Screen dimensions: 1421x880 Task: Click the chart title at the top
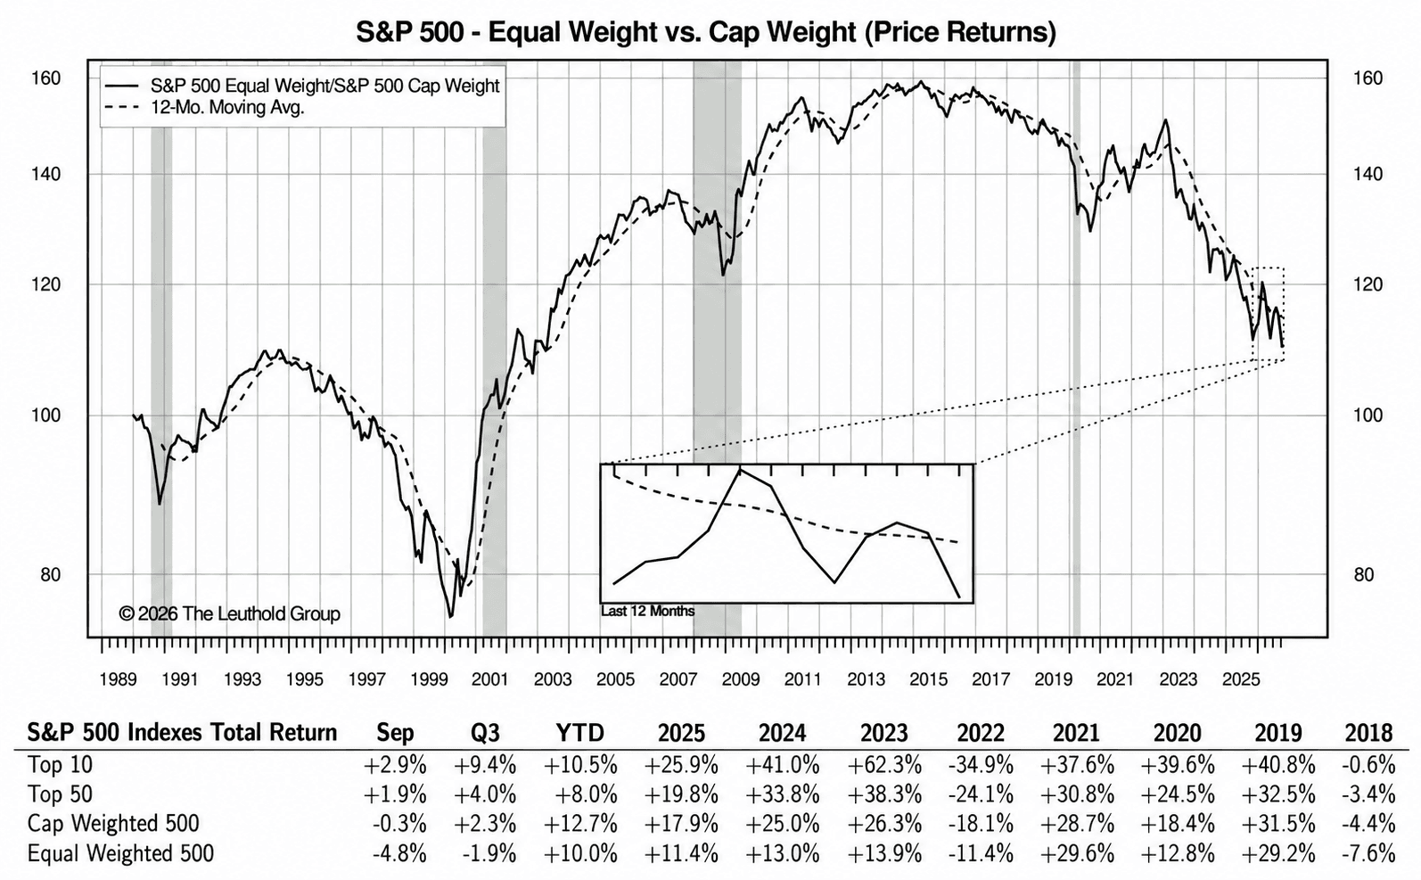[x=706, y=32]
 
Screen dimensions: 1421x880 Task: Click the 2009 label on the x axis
[x=740, y=679]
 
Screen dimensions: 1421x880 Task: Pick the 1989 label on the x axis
[x=118, y=679]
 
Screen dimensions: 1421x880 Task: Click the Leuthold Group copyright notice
[x=230, y=613]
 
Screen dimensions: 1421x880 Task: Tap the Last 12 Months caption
[x=648, y=611]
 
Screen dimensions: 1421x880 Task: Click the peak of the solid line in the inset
[x=740, y=470]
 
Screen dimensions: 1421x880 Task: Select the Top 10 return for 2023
[x=884, y=765]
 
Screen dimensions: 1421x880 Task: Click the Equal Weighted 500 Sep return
[x=399, y=853]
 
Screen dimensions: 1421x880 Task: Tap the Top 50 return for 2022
[x=981, y=794]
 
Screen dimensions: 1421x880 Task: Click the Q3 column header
[x=485, y=733]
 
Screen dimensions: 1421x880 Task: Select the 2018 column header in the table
[x=1368, y=733]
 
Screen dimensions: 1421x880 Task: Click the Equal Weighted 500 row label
[x=120, y=853]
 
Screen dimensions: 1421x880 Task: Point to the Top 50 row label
[x=60, y=794]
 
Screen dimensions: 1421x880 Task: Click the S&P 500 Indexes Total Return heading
[x=182, y=733]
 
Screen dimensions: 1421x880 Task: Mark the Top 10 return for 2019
[x=1278, y=765]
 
